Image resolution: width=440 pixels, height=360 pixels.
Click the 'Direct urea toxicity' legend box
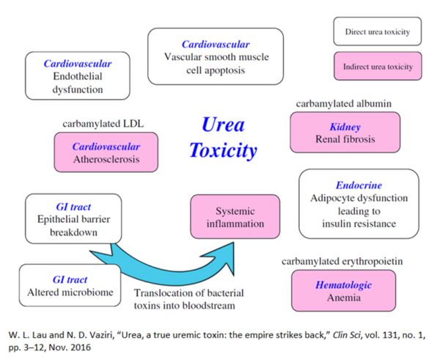(377, 33)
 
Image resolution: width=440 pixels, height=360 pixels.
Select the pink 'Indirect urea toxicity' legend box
(377, 67)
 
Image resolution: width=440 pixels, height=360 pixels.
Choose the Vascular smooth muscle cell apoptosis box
(215, 56)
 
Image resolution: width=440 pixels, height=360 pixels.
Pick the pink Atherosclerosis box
(106, 153)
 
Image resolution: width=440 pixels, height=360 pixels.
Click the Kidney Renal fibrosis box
(345, 133)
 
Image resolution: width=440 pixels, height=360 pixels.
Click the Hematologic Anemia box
(343, 291)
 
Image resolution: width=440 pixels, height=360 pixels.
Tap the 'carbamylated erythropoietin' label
(342, 260)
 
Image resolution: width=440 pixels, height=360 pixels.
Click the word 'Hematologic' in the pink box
(343, 284)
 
